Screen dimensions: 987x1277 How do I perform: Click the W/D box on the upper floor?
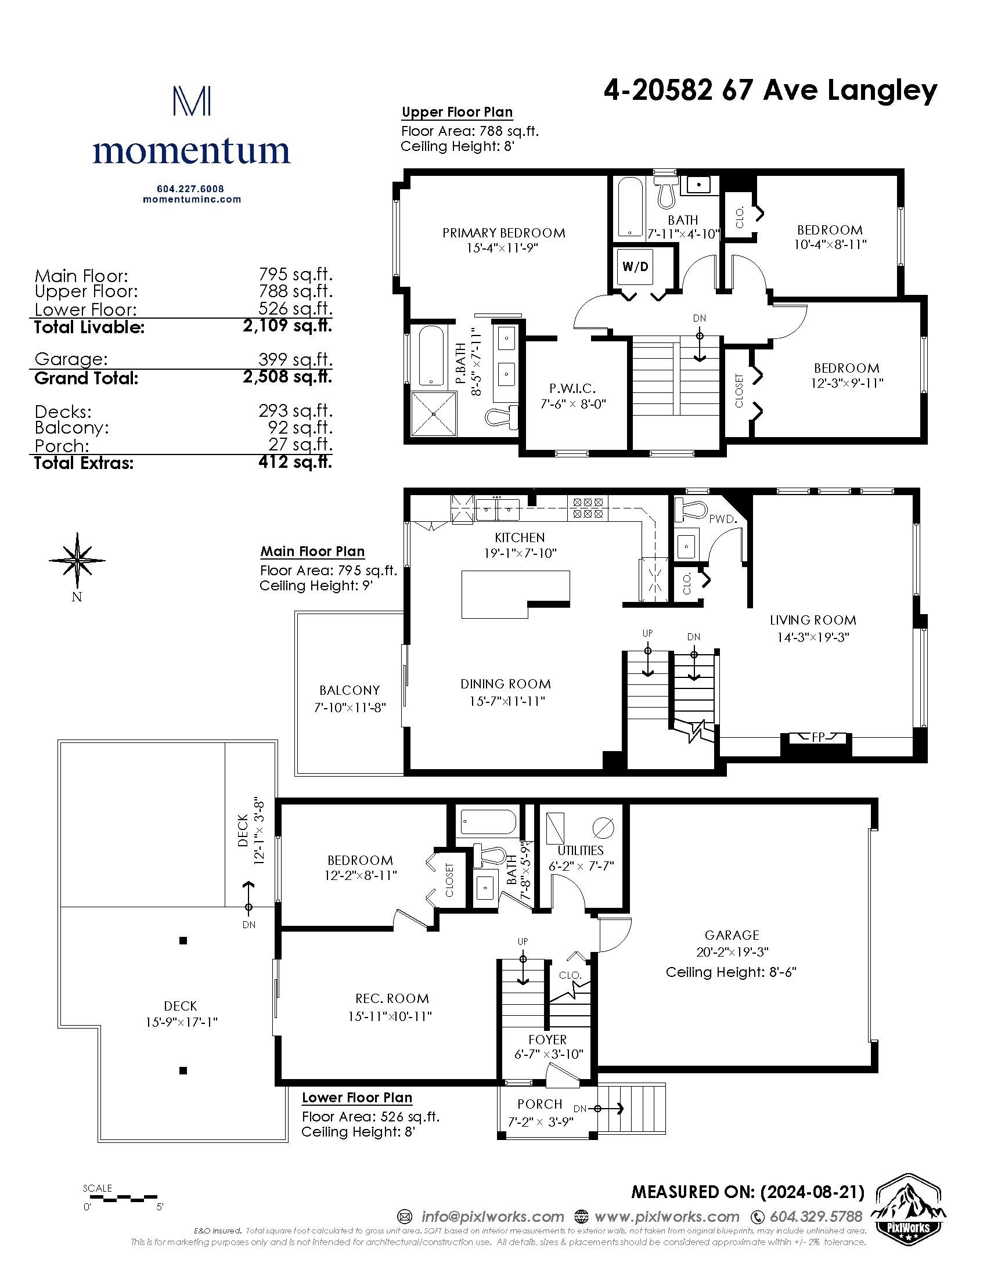point(636,266)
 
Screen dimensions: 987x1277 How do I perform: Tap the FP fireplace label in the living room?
point(817,737)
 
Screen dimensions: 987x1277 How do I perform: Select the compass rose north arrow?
point(77,560)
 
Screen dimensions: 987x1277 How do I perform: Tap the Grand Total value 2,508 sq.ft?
point(287,376)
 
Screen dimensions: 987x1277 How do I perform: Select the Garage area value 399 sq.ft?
point(296,359)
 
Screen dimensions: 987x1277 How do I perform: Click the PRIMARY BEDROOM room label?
point(503,233)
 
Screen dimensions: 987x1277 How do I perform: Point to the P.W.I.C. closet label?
point(572,388)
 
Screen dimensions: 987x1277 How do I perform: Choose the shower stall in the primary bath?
point(433,414)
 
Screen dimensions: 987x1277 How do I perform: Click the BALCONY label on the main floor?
point(349,690)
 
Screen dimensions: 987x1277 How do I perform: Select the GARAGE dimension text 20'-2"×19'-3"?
point(732,952)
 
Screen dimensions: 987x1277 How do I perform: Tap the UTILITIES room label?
point(580,850)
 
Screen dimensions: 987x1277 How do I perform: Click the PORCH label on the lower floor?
point(540,1104)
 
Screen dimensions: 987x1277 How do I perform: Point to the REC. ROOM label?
point(392,998)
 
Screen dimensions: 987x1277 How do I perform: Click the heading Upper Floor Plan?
point(458,111)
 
